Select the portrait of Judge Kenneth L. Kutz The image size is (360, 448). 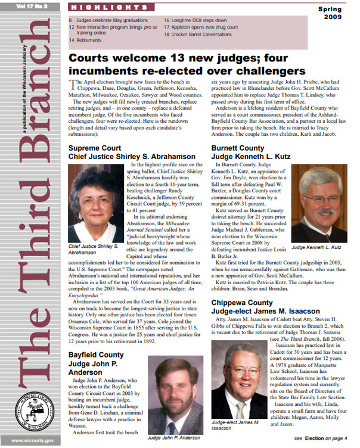pos(323,205)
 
